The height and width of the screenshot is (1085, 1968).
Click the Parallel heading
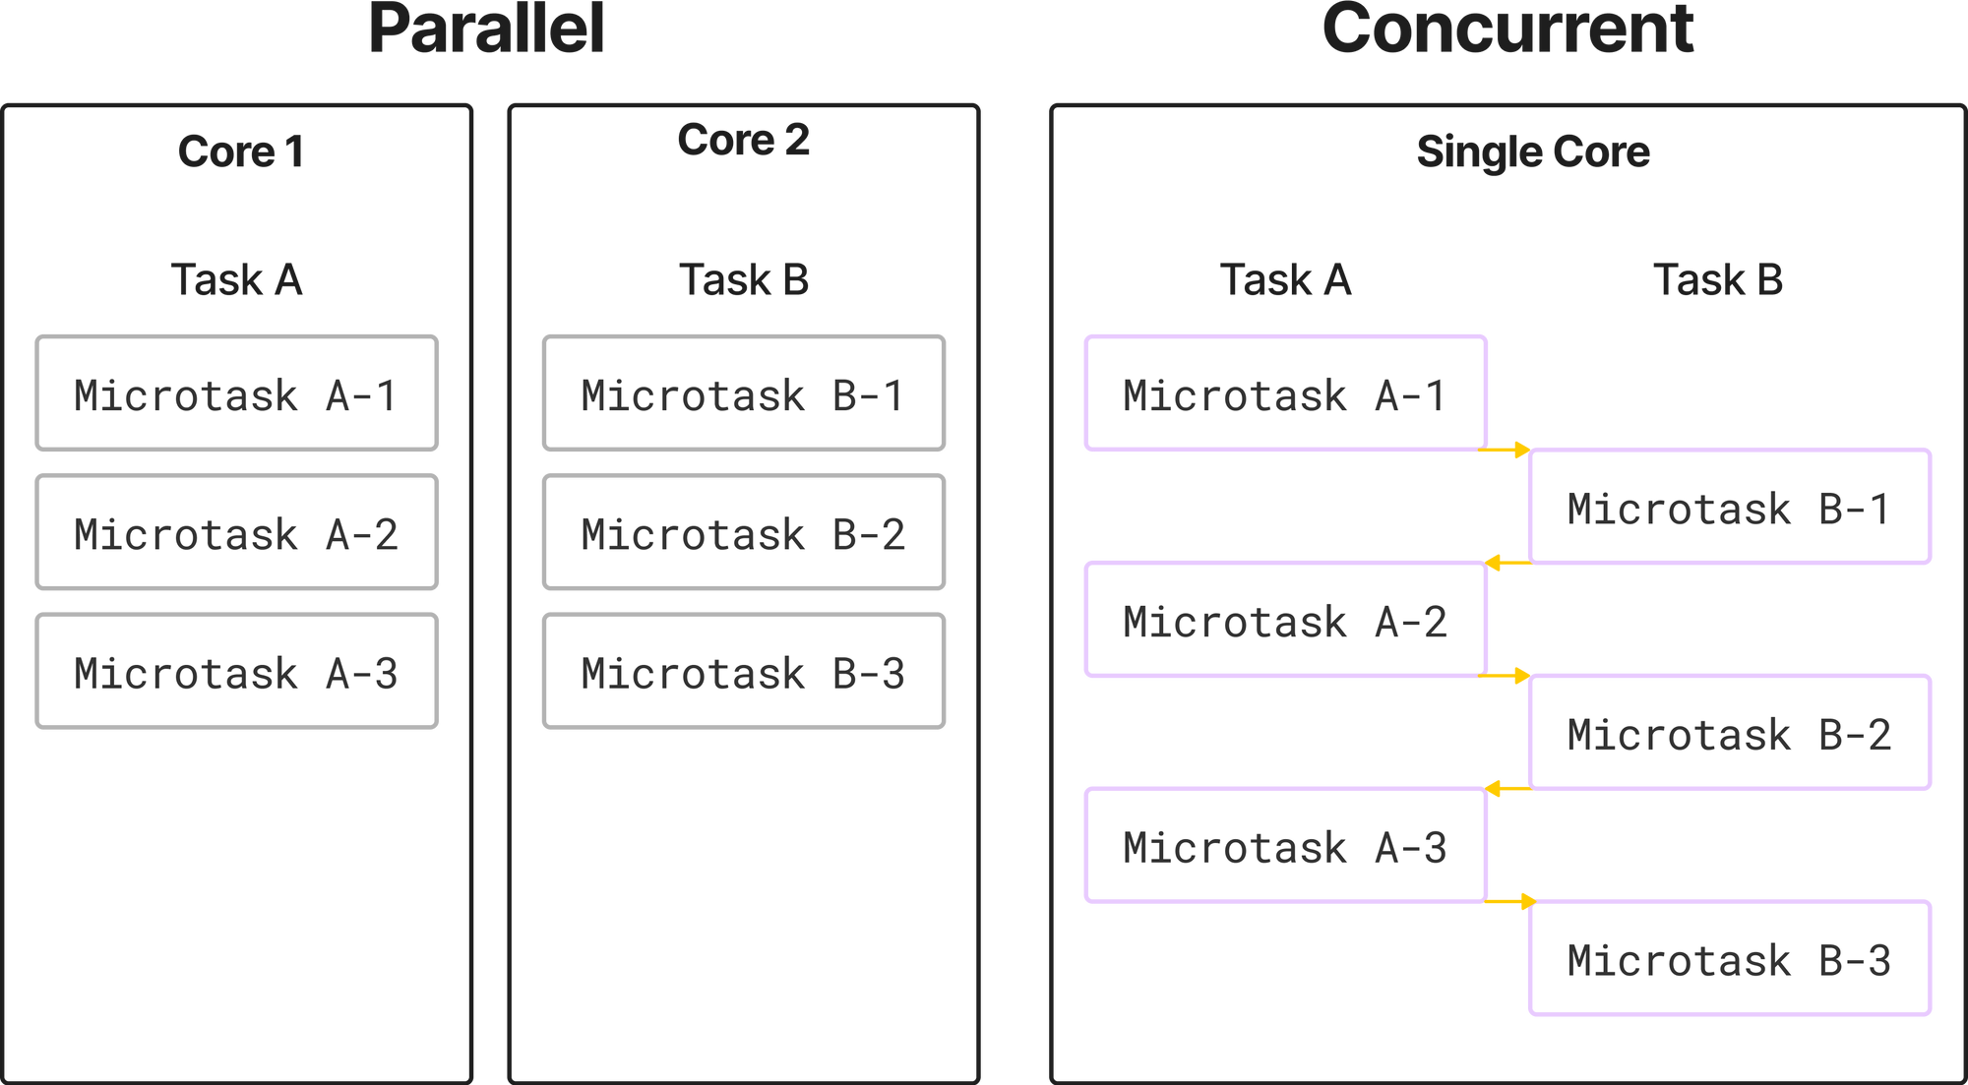coord(486,30)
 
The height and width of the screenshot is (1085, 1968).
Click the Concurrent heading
coord(1507,30)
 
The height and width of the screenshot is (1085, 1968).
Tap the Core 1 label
coord(239,151)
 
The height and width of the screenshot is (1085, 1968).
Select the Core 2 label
coord(743,140)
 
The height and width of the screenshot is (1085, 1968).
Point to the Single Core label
coord(1532,152)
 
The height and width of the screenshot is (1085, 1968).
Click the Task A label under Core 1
coord(237,279)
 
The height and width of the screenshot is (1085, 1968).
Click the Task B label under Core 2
coord(744,279)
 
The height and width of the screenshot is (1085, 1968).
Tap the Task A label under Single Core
coord(1285,279)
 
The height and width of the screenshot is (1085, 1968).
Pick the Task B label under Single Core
coord(1718,279)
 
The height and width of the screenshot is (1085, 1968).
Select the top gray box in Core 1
coord(237,393)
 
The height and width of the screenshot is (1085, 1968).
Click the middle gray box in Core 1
coord(237,532)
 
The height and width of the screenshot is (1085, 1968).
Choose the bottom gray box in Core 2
coord(744,671)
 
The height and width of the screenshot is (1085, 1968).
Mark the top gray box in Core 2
coord(744,393)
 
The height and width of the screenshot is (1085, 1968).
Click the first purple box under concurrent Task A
coord(1285,393)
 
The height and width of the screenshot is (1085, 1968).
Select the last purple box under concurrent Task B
coord(1730,957)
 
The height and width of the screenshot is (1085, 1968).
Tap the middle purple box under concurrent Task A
coord(1285,619)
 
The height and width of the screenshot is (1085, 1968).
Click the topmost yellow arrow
coord(1507,450)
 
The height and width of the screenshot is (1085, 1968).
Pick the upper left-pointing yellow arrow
coord(1507,563)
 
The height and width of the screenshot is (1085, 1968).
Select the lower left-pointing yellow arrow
coord(1507,788)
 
